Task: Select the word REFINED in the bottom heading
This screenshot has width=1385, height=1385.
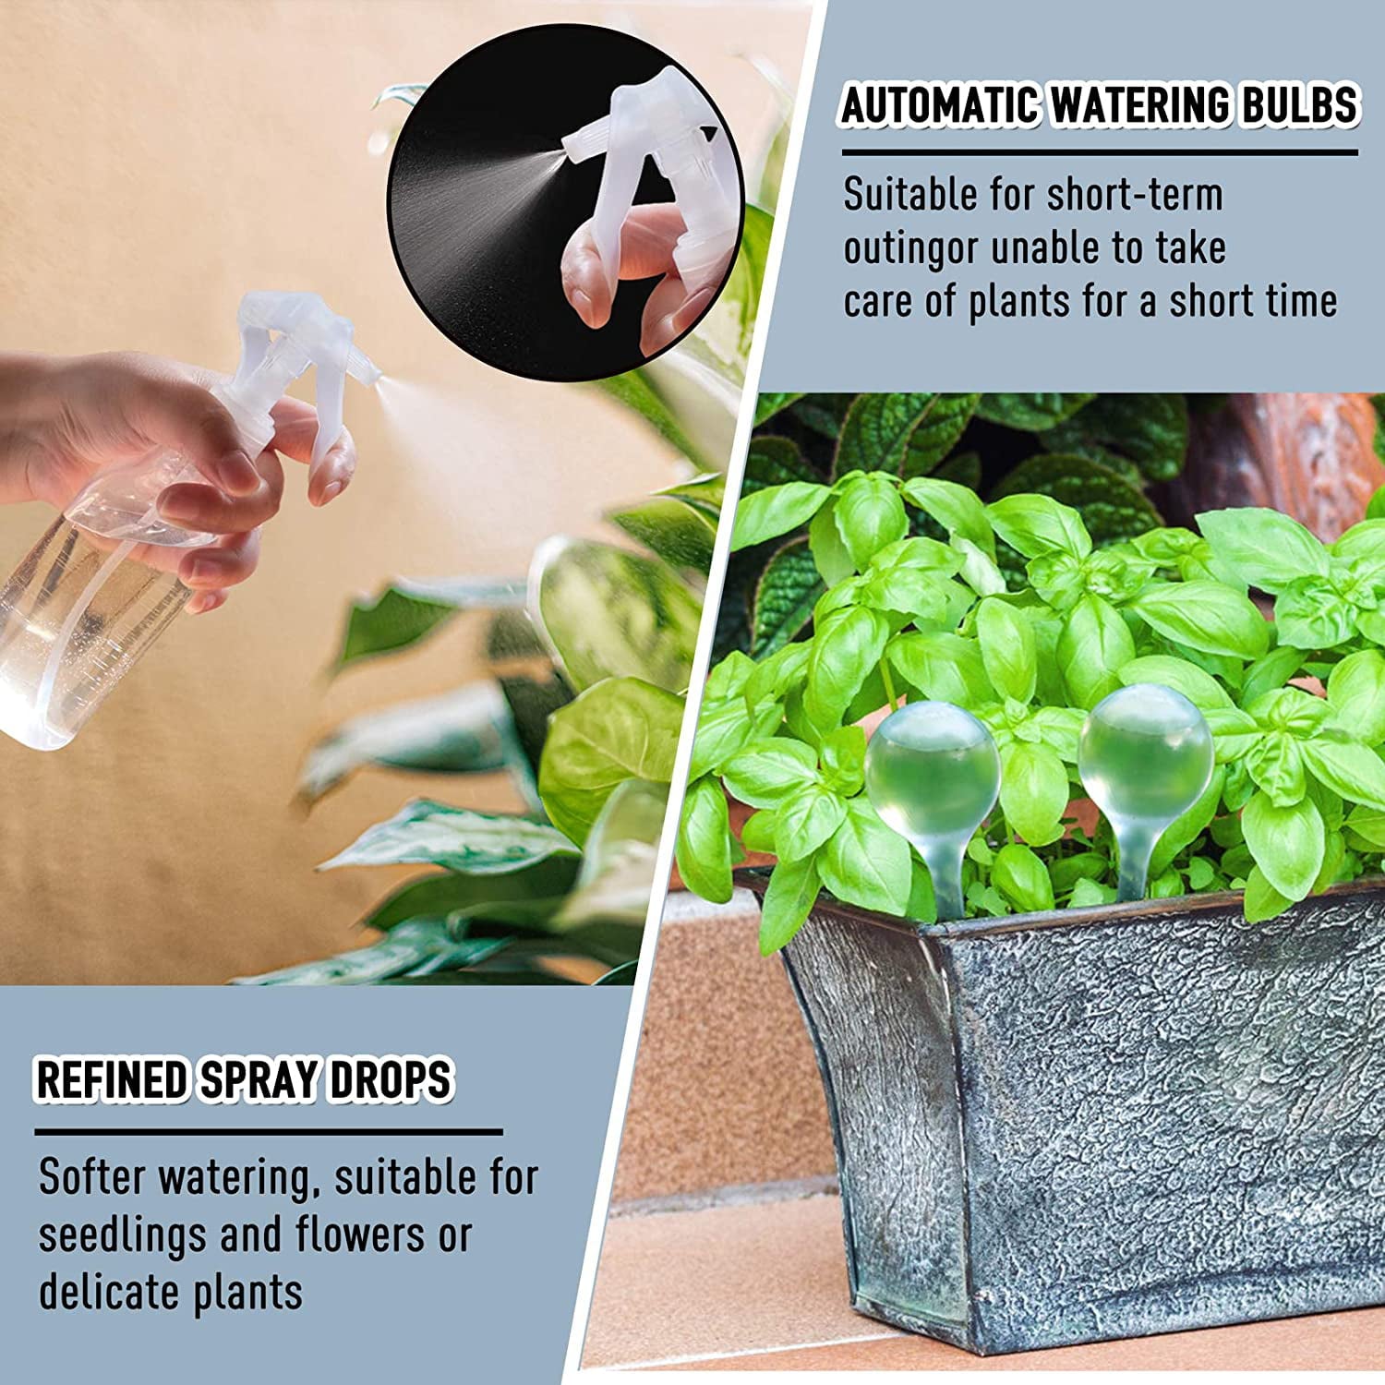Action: pyautogui.click(x=111, y=1080)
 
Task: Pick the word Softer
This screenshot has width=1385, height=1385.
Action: pyautogui.click(x=92, y=1177)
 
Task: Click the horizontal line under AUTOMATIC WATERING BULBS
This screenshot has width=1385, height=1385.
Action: pyautogui.click(x=1100, y=152)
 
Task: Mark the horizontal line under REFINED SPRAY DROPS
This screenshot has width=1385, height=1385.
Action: pyautogui.click(x=269, y=1131)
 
